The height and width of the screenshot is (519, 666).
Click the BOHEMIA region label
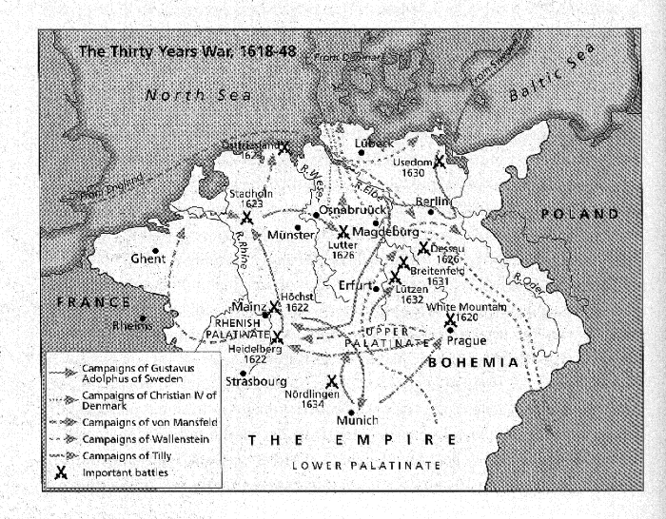pyautogui.click(x=472, y=363)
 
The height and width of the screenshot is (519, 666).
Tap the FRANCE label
pyautogui.click(x=93, y=302)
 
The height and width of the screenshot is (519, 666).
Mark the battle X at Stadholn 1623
pyautogui.click(x=246, y=218)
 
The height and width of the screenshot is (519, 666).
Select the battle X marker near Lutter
pyautogui.click(x=343, y=232)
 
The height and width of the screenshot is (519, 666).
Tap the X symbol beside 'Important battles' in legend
pyautogui.click(x=63, y=472)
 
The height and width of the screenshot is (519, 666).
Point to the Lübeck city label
pyautogui.click(x=373, y=144)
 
